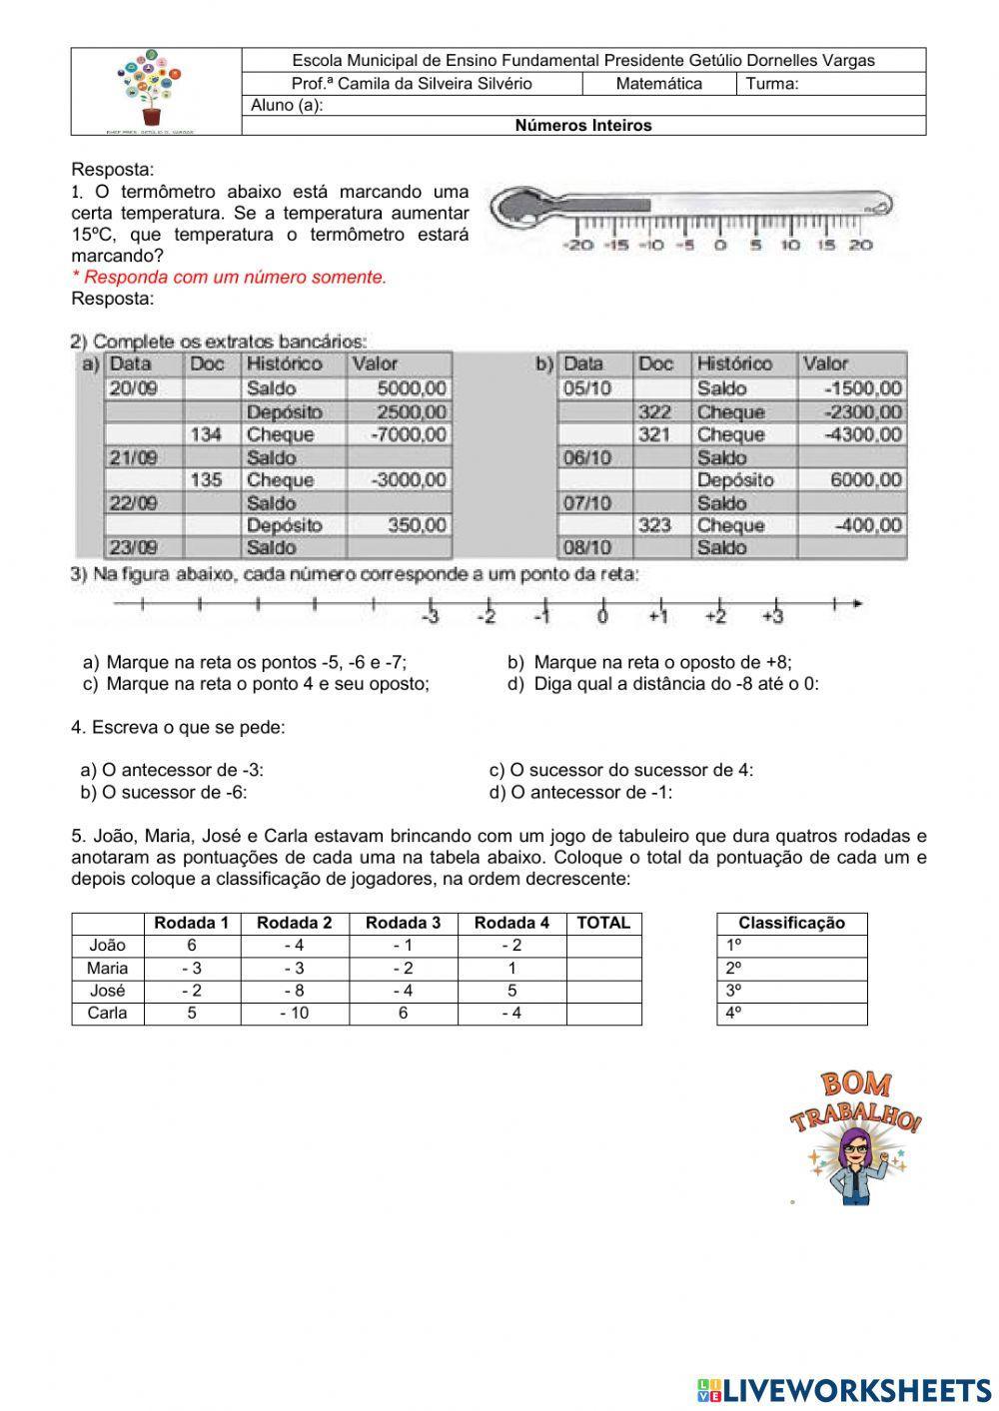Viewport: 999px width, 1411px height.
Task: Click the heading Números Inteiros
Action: pyautogui.click(x=583, y=126)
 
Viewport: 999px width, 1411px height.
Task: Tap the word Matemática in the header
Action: pyautogui.click(x=658, y=84)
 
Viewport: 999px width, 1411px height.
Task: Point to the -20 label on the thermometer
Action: pyautogui.click(x=578, y=246)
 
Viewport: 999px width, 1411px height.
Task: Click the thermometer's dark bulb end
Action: pyautogui.click(x=521, y=207)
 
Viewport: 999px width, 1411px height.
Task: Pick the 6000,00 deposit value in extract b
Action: pyautogui.click(x=866, y=480)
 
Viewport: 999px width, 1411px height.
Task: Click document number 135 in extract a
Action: pyautogui.click(x=206, y=480)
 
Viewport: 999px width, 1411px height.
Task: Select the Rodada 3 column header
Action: pyautogui.click(x=404, y=924)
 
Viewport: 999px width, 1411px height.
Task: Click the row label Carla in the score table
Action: pyautogui.click(x=107, y=1014)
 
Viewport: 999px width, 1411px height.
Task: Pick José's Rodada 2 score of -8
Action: pyautogui.click(x=295, y=991)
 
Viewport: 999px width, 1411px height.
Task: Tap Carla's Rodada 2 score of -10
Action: pyautogui.click(x=295, y=1014)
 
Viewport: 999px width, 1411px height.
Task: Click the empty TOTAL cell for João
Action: pyautogui.click(x=603, y=946)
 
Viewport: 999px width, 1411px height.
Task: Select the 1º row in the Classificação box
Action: pyautogui.click(x=792, y=946)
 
